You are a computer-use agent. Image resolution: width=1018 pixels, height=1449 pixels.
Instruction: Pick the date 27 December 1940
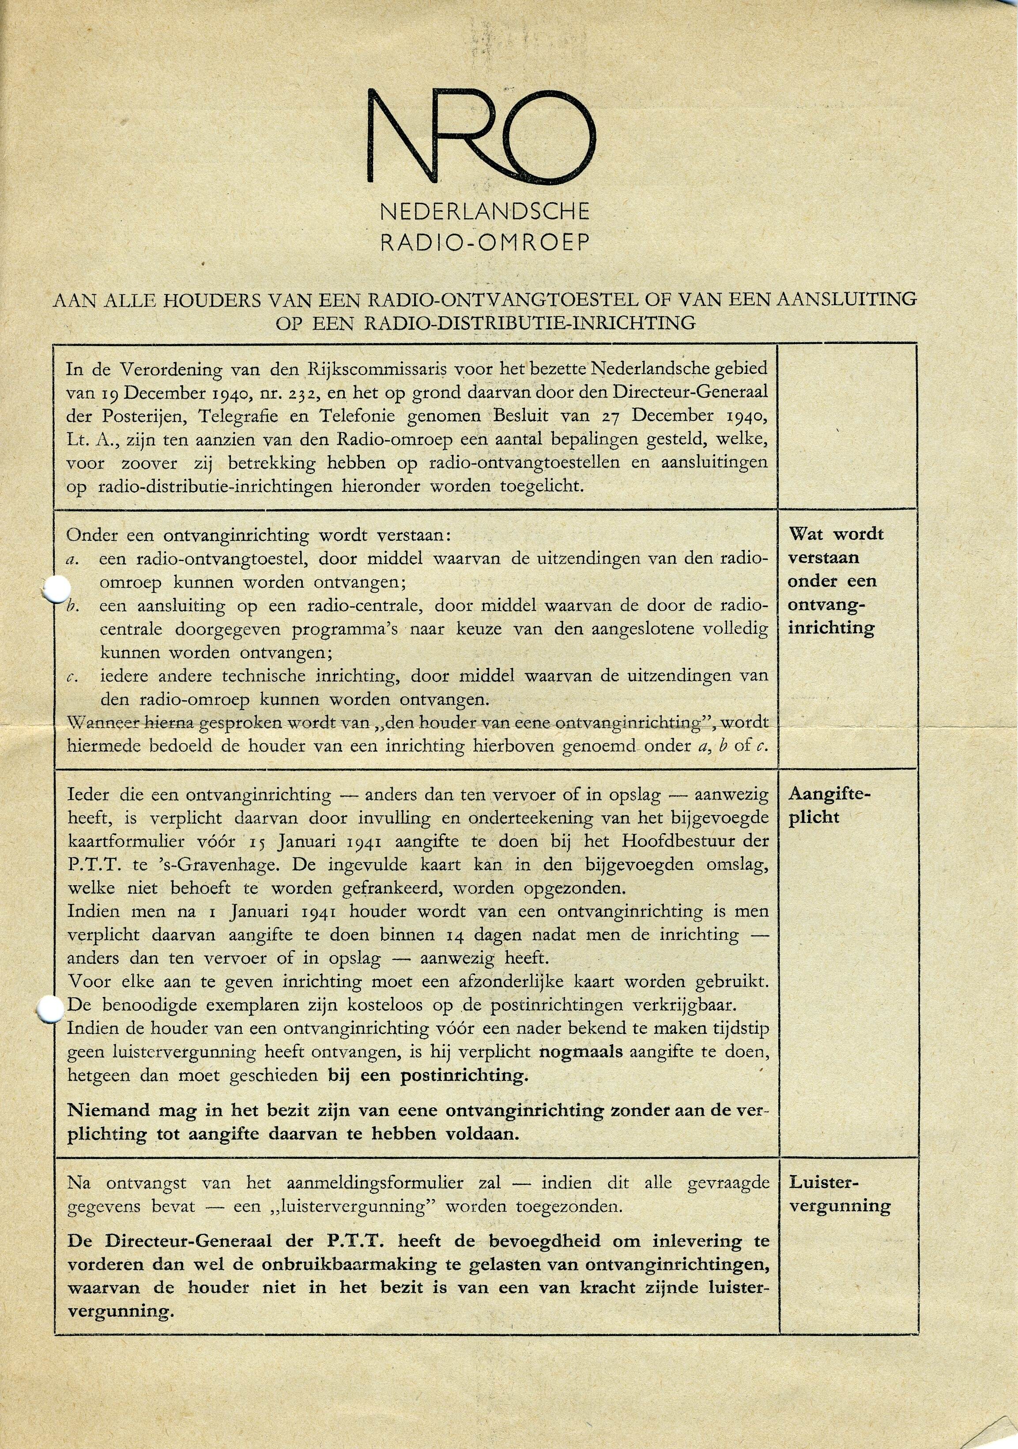click(677, 415)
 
